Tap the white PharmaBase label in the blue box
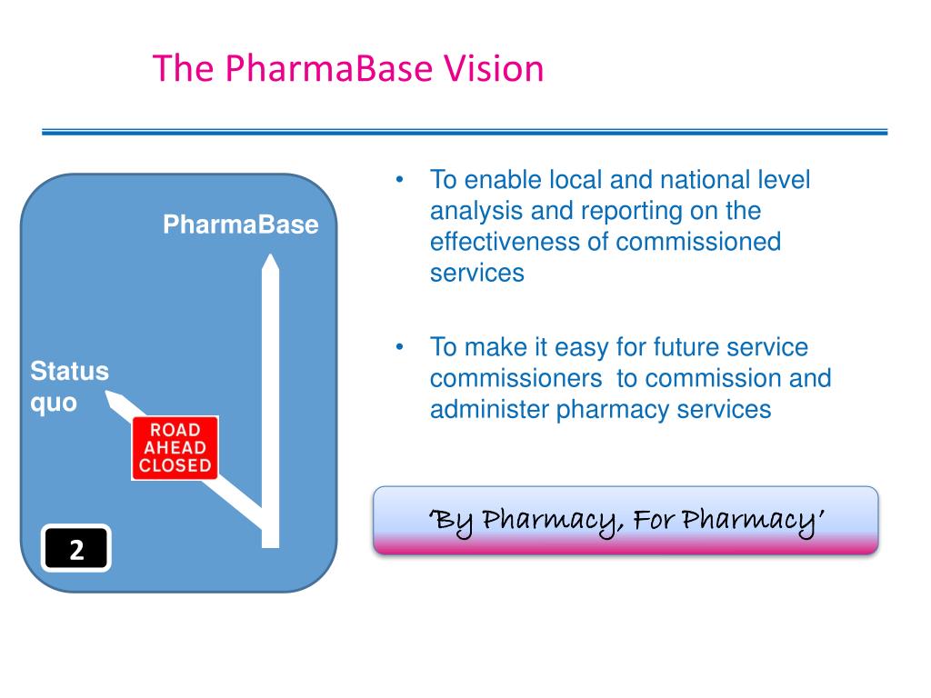(240, 224)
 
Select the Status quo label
(69, 386)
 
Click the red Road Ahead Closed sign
(175, 447)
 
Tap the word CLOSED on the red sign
(175, 465)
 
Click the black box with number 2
(76, 548)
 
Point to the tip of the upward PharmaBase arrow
(271, 254)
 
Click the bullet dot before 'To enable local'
(400, 179)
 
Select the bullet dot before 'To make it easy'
(400, 346)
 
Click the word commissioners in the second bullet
(516, 379)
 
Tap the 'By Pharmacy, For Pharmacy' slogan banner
(626, 521)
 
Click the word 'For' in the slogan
(653, 519)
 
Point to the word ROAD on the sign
(175, 430)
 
